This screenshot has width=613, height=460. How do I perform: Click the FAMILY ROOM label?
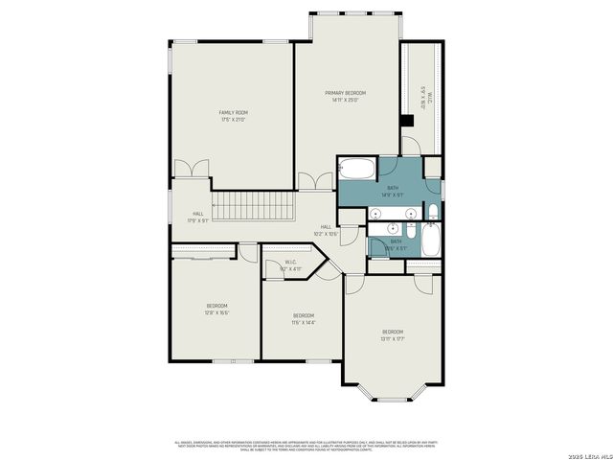[233, 116]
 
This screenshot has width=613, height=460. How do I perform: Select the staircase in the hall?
[251, 205]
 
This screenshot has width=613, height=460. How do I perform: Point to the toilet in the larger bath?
[433, 212]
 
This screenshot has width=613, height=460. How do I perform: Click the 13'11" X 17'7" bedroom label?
[395, 335]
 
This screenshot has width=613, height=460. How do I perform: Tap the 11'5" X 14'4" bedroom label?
[304, 319]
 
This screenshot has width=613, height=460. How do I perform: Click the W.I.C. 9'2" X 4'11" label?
[290, 265]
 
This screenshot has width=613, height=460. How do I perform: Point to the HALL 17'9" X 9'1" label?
[197, 217]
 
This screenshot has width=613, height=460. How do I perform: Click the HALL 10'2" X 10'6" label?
[327, 230]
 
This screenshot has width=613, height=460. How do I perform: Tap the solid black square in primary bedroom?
[407, 121]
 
